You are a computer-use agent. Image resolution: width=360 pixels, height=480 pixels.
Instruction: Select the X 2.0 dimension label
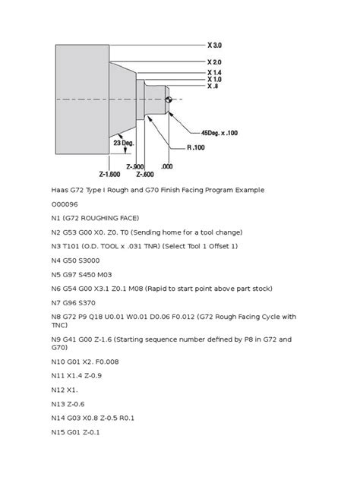tap(214, 62)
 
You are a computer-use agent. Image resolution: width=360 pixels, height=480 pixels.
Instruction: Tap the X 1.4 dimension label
tap(214, 71)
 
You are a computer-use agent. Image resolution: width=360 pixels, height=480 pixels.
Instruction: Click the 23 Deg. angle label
tap(124, 142)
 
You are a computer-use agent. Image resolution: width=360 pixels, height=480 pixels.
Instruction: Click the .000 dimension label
tap(167, 166)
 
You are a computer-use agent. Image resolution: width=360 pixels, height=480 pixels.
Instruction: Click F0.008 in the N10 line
tap(122, 377)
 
